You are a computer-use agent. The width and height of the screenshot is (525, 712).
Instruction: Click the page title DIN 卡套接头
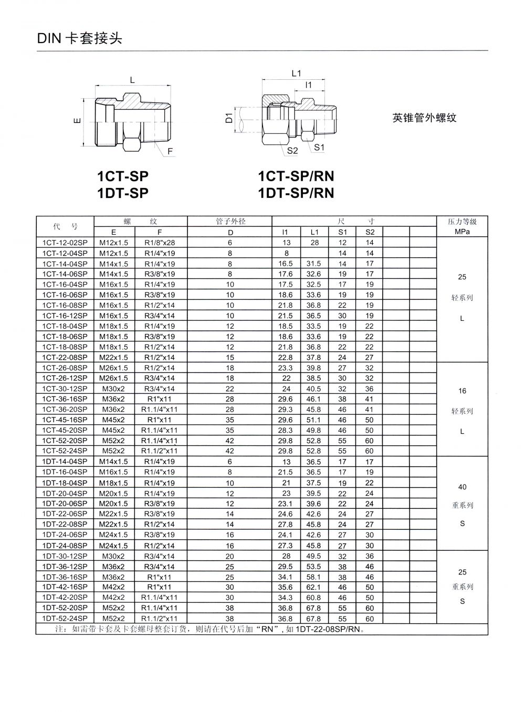[x=79, y=39]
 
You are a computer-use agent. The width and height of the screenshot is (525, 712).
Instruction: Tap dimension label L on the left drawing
[x=132, y=80]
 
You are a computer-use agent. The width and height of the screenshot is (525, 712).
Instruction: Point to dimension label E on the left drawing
[x=78, y=121]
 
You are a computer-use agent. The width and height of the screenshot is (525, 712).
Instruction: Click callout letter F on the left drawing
[x=170, y=152]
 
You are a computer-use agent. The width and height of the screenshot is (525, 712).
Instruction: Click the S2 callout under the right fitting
[x=292, y=151]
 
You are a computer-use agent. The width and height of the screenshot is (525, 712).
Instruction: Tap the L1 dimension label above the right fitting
[x=296, y=74]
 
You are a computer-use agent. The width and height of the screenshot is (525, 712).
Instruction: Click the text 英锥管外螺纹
[x=424, y=118]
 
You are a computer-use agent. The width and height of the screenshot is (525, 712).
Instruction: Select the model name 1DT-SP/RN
[x=296, y=193]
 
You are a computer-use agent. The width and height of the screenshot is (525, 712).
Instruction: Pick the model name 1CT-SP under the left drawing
[x=123, y=176]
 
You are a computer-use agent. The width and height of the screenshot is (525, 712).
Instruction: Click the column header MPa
[x=462, y=232]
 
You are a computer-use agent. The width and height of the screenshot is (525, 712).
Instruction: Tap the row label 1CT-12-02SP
[x=65, y=243]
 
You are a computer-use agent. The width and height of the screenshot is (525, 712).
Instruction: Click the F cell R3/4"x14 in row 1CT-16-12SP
[x=160, y=316]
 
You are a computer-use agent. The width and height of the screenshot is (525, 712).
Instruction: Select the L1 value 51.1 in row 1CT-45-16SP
[x=313, y=420]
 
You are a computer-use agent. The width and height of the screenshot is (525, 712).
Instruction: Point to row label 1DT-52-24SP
[x=65, y=619]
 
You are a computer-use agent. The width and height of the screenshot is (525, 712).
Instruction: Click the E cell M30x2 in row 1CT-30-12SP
[x=114, y=389]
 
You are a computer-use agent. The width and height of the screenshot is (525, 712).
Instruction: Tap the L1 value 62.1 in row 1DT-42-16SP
[x=313, y=587]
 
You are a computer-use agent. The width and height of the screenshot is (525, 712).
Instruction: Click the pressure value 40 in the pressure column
[x=462, y=487]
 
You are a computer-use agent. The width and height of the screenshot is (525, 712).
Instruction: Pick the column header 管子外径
[x=230, y=222]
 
